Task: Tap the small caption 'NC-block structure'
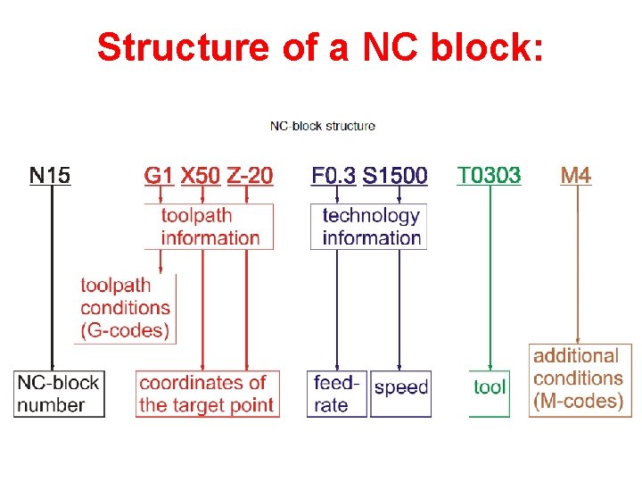click(x=323, y=126)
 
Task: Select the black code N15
click(x=50, y=174)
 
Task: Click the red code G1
click(x=159, y=174)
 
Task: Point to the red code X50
click(x=201, y=174)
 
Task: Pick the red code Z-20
click(x=251, y=174)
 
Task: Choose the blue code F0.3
click(x=333, y=174)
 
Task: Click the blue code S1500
click(x=395, y=174)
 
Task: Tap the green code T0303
click(x=489, y=174)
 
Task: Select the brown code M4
click(x=576, y=174)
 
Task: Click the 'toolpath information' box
click(x=210, y=227)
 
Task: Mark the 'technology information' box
click(x=370, y=227)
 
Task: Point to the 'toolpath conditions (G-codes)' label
click(x=125, y=308)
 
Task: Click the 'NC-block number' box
click(x=60, y=394)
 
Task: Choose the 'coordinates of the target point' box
click(x=207, y=394)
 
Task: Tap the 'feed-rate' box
click(x=336, y=394)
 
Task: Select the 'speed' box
click(x=400, y=388)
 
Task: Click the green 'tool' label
click(x=490, y=387)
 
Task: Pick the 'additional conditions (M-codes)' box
click(x=579, y=378)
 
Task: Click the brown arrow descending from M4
click(x=580, y=268)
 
